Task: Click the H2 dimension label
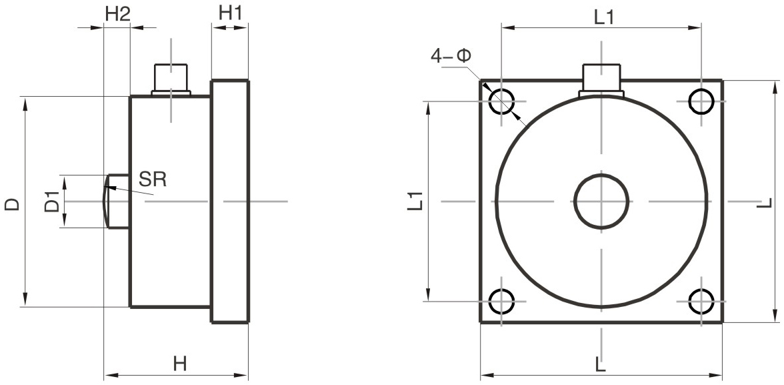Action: pos(117,13)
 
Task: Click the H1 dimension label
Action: pos(231,13)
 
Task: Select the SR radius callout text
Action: pos(153,179)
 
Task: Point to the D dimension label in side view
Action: pos(12,204)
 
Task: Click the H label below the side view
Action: pos(179,364)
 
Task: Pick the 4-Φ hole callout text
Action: pos(451,56)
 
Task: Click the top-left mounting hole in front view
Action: pos(501,101)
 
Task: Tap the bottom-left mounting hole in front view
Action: pos(501,301)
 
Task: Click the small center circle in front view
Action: pos(601,201)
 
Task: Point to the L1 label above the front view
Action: pos(603,18)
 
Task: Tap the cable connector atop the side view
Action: pos(171,78)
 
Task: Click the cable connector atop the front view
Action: pos(601,79)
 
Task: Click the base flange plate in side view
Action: pos(230,202)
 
